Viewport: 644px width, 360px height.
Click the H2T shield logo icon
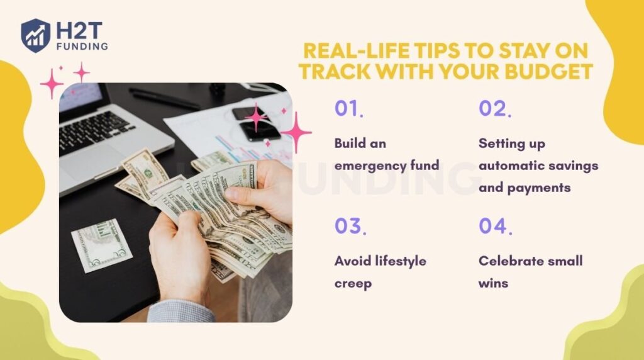(x=35, y=35)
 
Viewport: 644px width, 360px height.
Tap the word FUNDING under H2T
(x=81, y=46)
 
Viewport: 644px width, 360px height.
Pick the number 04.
(x=495, y=226)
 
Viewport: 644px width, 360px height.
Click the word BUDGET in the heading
(x=545, y=72)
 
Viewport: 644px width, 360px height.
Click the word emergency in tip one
(x=366, y=166)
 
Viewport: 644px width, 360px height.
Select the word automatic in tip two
(x=511, y=166)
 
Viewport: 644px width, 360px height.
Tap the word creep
(x=353, y=283)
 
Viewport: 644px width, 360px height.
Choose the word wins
(x=493, y=283)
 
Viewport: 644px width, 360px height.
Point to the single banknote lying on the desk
(x=101, y=245)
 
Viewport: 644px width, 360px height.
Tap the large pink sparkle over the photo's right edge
(x=296, y=133)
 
